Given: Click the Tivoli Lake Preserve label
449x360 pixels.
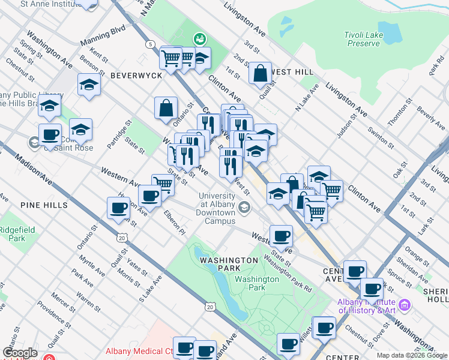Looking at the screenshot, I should click(364, 39).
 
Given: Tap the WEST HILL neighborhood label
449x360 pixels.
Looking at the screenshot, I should click(292, 72).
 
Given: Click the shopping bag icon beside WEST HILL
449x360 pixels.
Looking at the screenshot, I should click(261, 74).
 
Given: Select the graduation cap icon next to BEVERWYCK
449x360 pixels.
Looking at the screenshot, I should click(89, 85).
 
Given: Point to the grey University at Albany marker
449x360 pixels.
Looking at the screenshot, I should click(244, 208).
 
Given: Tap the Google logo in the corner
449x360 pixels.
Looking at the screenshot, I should click(19, 352).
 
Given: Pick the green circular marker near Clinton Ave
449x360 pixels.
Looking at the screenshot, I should click(199, 40).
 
